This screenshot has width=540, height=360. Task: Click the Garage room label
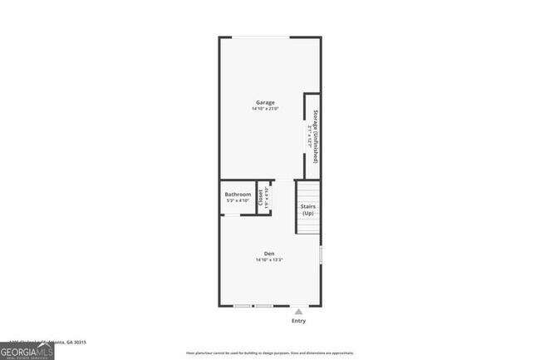(265, 102)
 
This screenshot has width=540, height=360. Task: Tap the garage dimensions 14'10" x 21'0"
(265, 109)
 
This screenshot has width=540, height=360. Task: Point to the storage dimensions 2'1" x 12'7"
(309, 136)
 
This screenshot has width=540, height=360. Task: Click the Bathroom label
(238, 194)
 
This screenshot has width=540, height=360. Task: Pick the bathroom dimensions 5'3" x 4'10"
(238, 200)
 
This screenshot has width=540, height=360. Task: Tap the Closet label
(260, 197)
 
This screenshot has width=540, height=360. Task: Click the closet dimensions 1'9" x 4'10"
(266, 197)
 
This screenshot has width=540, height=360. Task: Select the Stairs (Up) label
(307, 210)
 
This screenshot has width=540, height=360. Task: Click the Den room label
(269, 254)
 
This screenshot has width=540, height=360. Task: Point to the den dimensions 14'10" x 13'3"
(269, 260)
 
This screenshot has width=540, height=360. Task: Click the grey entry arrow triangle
(298, 312)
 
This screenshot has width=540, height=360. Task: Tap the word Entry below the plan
(298, 321)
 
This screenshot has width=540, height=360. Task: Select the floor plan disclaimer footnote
(270, 353)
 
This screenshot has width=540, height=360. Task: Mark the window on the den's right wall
(320, 254)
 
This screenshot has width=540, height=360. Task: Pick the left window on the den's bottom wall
(242, 305)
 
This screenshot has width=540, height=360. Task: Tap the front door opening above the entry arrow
(298, 305)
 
